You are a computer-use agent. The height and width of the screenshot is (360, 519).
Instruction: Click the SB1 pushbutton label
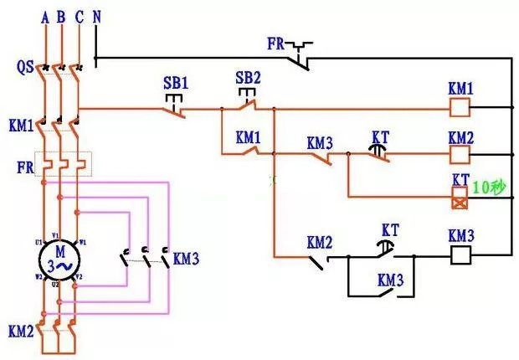(x=177, y=85)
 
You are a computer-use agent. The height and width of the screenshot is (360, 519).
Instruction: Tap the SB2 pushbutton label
(x=249, y=78)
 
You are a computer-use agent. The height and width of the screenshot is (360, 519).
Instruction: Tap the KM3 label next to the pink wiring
(x=186, y=260)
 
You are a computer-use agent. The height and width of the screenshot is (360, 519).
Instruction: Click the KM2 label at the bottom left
(x=20, y=332)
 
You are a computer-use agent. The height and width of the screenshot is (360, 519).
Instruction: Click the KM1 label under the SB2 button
(x=249, y=136)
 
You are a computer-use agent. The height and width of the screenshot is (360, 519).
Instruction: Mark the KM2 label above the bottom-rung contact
(x=319, y=243)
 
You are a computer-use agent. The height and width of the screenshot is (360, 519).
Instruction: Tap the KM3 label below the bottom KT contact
(x=390, y=279)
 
